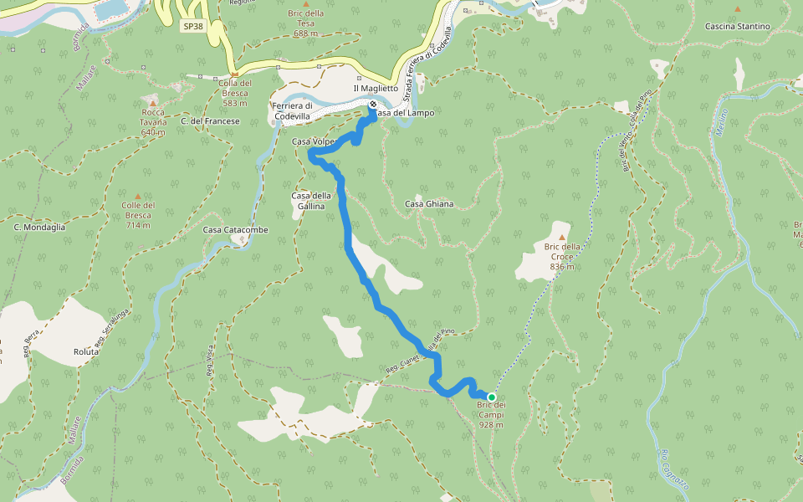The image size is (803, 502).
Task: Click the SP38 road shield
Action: [x=193, y=26]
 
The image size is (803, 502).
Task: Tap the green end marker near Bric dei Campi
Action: [x=492, y=397]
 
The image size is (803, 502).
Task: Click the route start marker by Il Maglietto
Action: [x=371, y=105]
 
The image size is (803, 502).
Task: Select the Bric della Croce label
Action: [x=562, y=256]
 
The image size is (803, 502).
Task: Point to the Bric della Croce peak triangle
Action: [x=562, y=226]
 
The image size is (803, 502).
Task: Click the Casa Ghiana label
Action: [x=429, y=204]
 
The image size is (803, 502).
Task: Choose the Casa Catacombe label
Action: [x=235, y=229]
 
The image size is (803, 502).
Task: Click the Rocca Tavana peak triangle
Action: [x=153, y=103]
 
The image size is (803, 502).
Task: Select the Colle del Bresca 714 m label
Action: [x=138, y=215]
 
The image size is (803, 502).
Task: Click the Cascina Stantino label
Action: [x=737, y=27]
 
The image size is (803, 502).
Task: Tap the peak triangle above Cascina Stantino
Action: [x=737, y=9]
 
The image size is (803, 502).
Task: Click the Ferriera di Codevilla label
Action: [x=292, y=110]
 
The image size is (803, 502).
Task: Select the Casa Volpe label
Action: [x=313, y=142]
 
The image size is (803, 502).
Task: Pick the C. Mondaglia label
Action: [x=39, y=227]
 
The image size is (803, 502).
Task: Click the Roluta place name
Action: [x=86, y=351]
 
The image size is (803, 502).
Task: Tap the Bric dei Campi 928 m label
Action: [x=492, y=415]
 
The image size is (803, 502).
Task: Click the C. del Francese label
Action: [x=210, y=121]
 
